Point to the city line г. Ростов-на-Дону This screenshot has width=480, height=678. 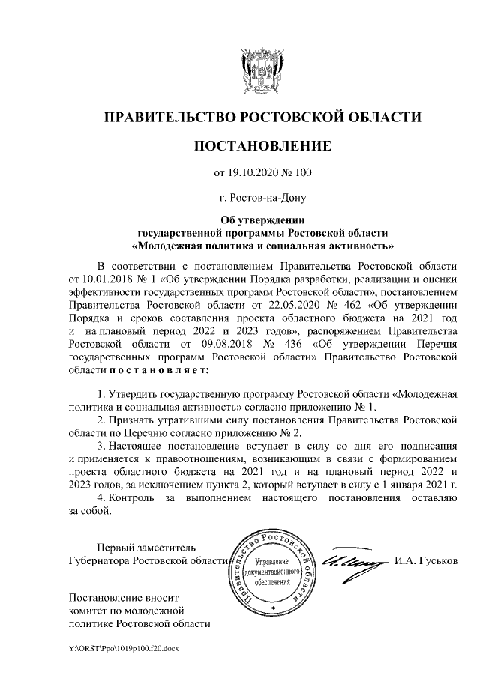[x=262, y=199]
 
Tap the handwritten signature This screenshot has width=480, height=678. [x=349, y=560]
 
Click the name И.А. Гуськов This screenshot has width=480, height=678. [x=425, y=561]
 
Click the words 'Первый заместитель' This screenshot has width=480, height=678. [x=147, y=547]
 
